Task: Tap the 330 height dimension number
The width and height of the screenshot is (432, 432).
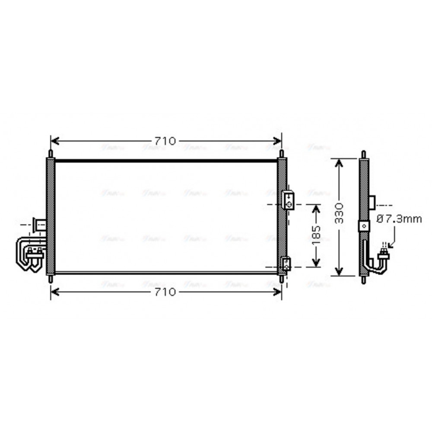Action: [x=340, y=212]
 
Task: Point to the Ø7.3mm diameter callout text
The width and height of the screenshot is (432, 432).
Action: [x=399, y=219]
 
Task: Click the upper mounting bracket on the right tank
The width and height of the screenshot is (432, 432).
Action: [x=288, y=199]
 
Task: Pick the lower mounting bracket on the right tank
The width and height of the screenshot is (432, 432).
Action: [x=286, y=263]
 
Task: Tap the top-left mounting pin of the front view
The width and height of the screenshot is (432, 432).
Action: [x=51, y=154]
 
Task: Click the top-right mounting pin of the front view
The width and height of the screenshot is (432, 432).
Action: [x=282, y=154]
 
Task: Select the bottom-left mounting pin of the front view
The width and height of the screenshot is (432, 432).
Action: [x=51, y=279]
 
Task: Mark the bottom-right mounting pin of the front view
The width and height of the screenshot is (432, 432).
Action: [x=282, y=279]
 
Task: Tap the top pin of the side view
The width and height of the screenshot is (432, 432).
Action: [x=364, y=154]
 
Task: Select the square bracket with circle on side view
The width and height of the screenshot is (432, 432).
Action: [x=364, y=226]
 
